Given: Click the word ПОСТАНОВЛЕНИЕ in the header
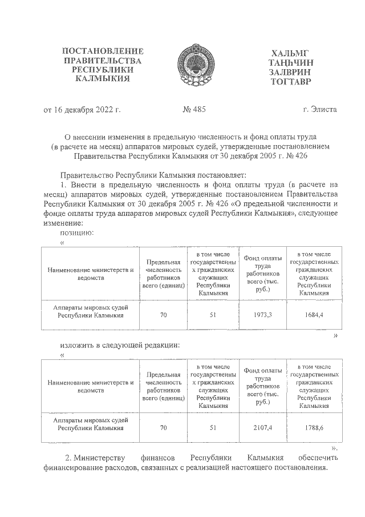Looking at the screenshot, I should click(103, 52).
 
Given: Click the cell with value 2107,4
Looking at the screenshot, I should click(263, 427).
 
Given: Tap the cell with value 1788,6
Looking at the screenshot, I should click(314, 427).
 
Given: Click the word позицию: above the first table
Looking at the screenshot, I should click(76, 233).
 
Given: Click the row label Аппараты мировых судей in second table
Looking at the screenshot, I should click(91, 422).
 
